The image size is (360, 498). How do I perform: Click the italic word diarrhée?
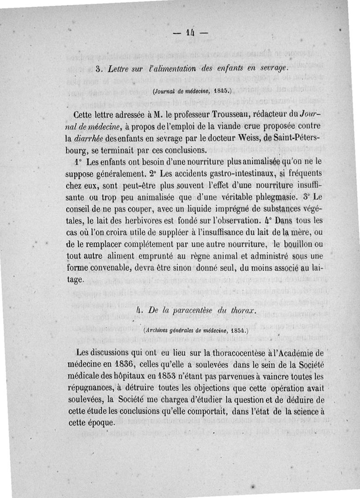click(x=93, y=138)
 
